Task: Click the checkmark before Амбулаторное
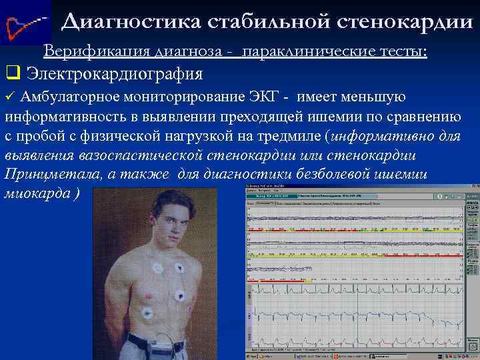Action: click(9, 97)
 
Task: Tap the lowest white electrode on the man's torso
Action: click(146, 313)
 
